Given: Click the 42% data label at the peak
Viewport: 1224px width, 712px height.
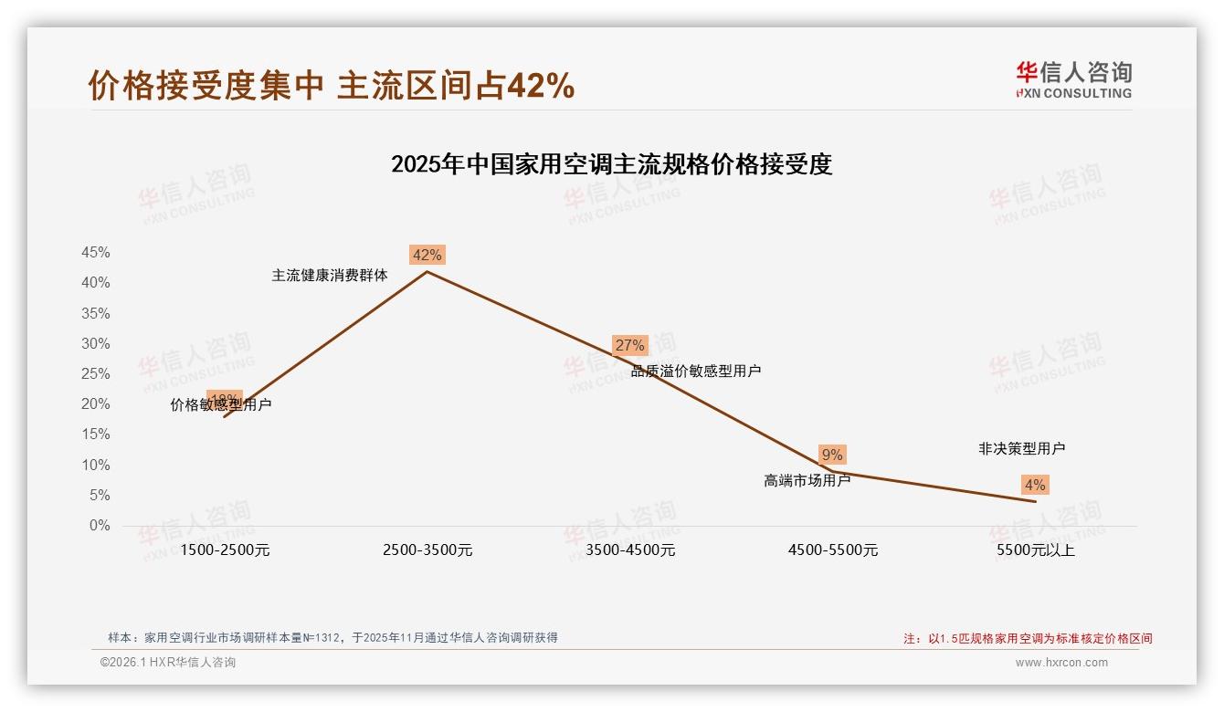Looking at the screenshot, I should pyautogui.click(x=427, y=255).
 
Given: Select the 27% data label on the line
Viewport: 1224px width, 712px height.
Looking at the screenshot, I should pyautogui.click(x=629, y=345).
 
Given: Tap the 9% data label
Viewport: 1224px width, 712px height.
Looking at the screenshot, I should pyautogui.click(x=831, y=455).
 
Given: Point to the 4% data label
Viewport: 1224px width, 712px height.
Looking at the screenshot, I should pyautogui.click(x=1035, y=485).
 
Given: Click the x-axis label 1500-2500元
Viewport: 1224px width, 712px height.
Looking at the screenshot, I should pyautogui.click(x=225, y=550).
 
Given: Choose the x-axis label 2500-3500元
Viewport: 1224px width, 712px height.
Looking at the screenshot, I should pyautogui.click(x=427, y=550).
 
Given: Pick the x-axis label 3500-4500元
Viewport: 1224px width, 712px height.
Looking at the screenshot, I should pyautogui.click(x=630, y=550).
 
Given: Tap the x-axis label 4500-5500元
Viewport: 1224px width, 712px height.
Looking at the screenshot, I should pyautogui.click(x=833, y=550).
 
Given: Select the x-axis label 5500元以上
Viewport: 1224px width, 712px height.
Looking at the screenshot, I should pyautogui.click(x=1036, y=550).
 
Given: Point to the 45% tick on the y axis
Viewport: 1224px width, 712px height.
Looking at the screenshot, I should pyautogui.click(x=96, y=253).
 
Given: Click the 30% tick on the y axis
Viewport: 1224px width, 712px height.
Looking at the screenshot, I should pyautogui.click(x=96, y=344).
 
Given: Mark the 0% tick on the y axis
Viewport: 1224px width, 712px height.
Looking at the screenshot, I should pyautogui.click(x=100, y=526).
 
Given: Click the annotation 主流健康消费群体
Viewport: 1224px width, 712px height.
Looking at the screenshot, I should pyautogui.click(x=330, y=275).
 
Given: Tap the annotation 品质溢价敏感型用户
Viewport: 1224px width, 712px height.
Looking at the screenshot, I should pyautogui.click(x=696, y=371).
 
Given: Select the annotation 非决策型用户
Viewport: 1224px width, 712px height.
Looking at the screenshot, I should pyautogui.click(x=1021, y=448).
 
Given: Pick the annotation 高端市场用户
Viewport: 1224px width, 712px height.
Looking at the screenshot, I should pyautogui.click(x=807, y=480).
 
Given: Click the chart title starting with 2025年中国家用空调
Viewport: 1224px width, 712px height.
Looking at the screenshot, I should pyautogui.click(x=611, y=165).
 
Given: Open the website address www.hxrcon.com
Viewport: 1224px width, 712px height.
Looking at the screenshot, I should pyautogui.click(x=1061, y=663).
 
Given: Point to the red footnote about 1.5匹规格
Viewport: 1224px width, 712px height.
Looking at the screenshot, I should pyautogui.click(x=1028, y=639).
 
